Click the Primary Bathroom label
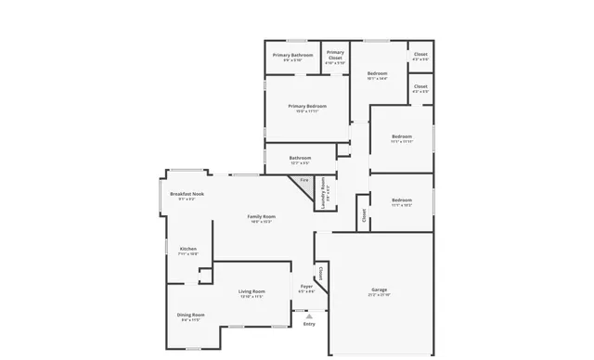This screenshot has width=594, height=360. coord(292,55)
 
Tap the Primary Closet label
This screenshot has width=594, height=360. coord(335,55)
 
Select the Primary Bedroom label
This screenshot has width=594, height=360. coord(307,107)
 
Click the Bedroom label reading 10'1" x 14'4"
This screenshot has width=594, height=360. coord(377,73)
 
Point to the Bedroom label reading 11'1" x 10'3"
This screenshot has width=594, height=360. coord(402,200)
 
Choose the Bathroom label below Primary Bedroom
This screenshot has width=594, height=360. coord(300,158)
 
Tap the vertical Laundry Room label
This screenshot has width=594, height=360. coord(323,192)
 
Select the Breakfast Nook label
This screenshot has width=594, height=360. coord(187,193)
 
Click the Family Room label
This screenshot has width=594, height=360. coord(261,216)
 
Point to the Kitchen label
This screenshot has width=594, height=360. coord(188,249)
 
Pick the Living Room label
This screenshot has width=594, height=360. coord(252,292)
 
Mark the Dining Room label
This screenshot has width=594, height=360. coord(191,315)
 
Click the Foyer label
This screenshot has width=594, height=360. coord(306,286)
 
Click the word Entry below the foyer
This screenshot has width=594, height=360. coord(309,323)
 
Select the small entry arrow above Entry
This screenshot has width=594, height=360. coord(309,315)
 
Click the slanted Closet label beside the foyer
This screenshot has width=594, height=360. coord(320,274)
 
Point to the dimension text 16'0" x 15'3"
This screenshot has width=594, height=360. coord(261,222)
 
